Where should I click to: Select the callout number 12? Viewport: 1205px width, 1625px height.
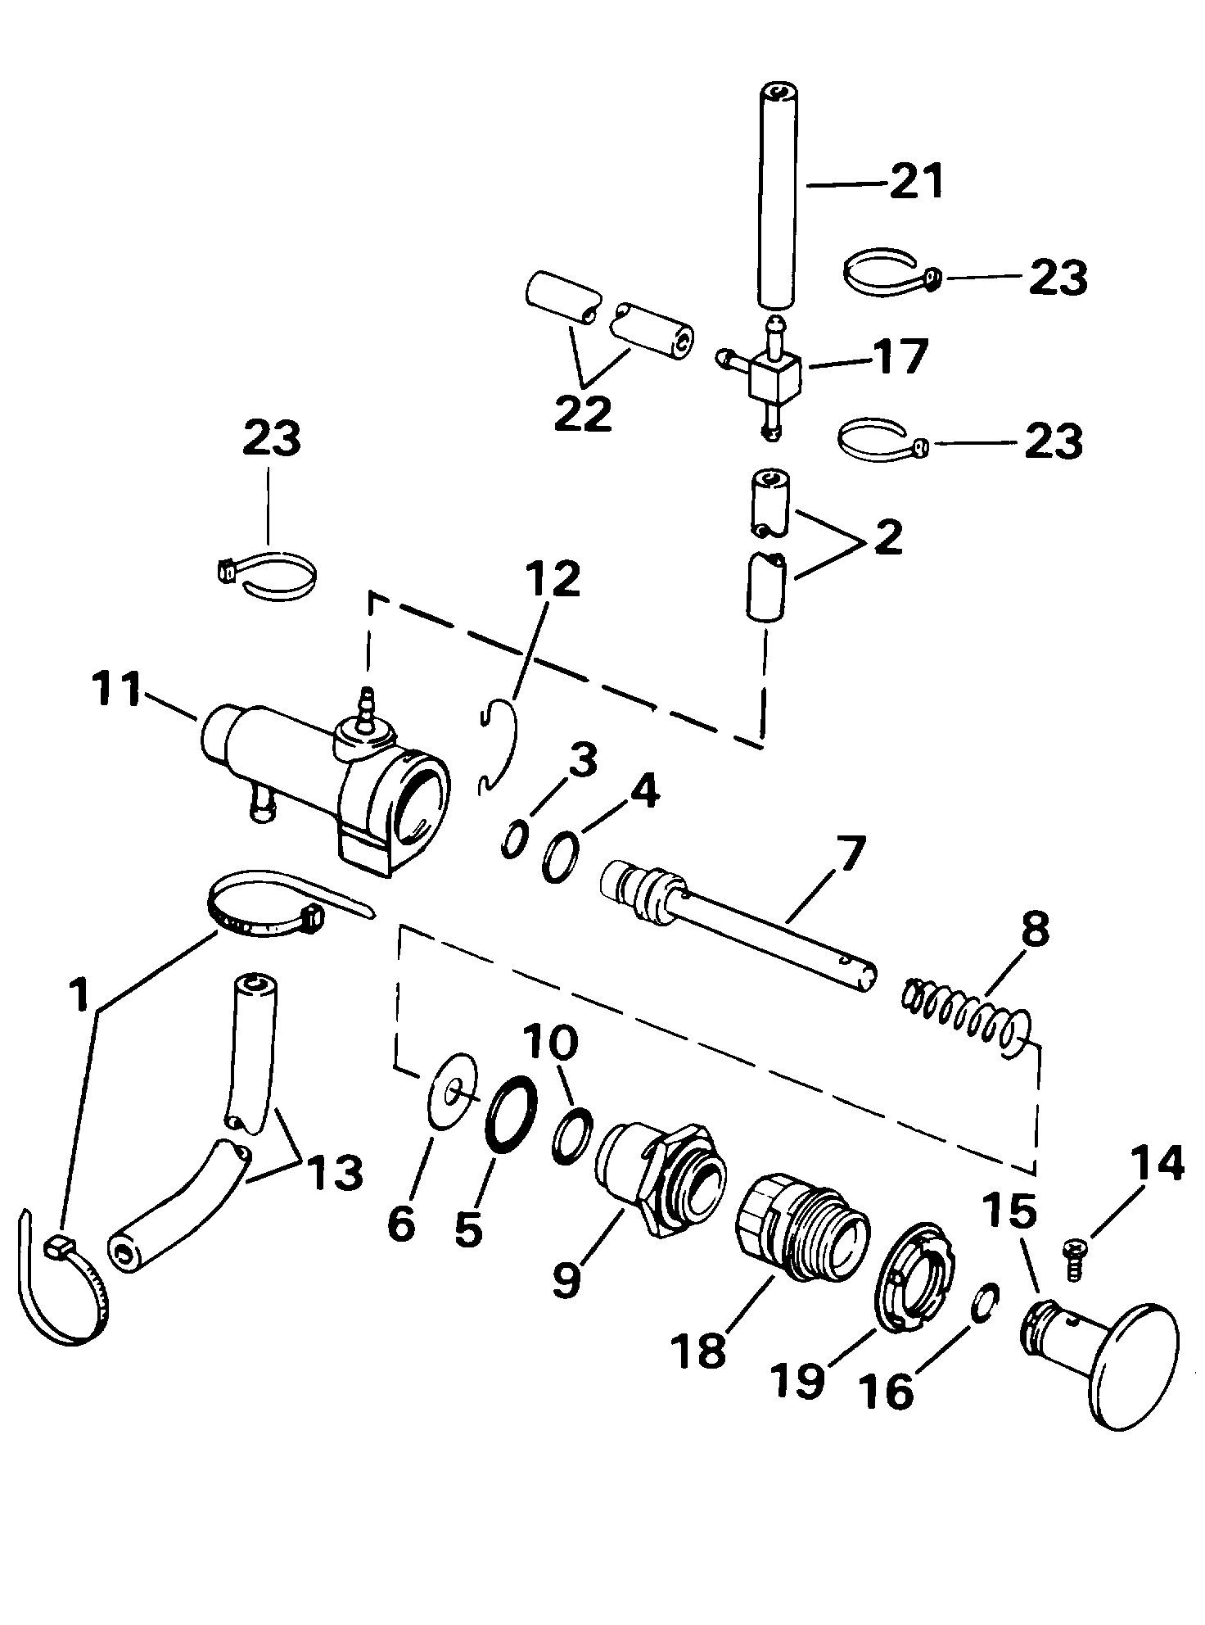click(x=553, y=580)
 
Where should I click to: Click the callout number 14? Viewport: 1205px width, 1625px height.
click(x=1157, y=1164)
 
